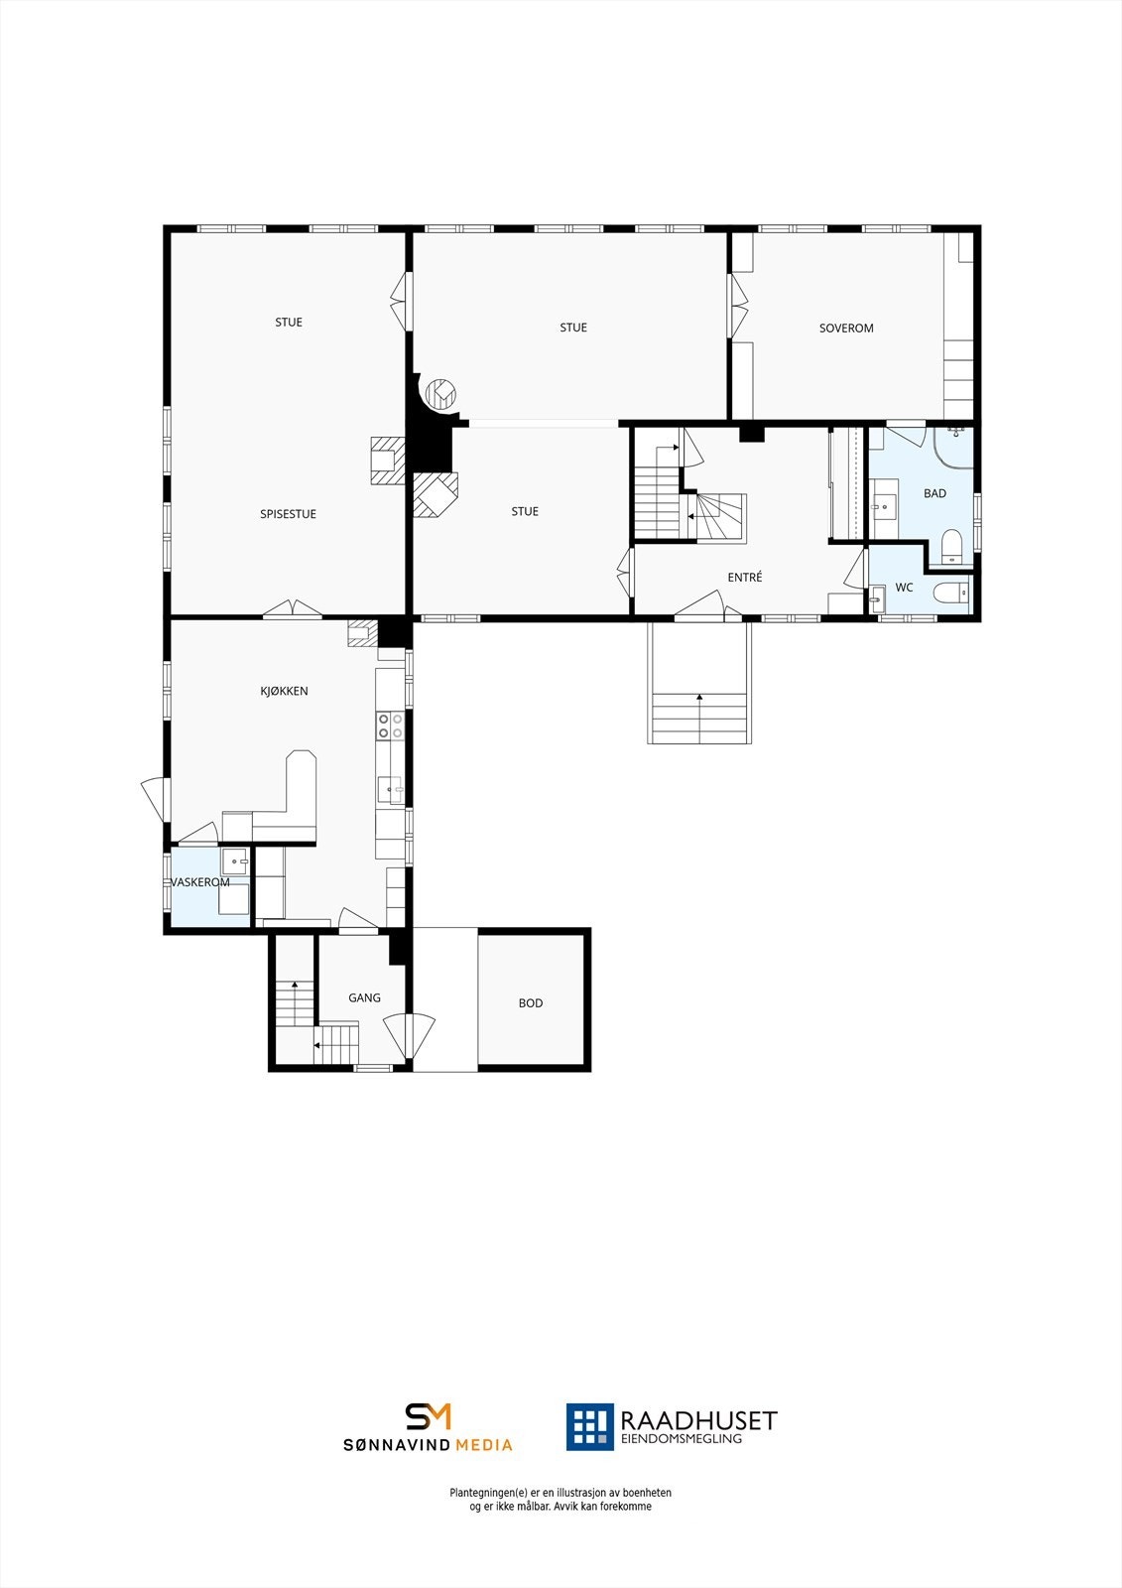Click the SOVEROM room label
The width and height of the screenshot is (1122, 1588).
click(x=846, y=329)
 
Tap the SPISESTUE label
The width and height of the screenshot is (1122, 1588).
click(x=288, y=514)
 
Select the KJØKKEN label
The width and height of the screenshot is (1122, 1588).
click(x=284, y=691)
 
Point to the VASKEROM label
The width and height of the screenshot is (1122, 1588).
click(x=200, y=882)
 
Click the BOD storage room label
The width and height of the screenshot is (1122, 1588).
click(x=531, y=1003)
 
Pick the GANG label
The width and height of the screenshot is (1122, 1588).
click(x=364, y=997)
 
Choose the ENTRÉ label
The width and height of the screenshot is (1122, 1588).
click(x=745, y=578)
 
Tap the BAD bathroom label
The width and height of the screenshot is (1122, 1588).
click(x=935, y=493)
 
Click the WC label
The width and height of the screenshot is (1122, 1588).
click(x=904, y=588)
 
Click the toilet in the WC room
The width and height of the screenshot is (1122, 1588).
click(x=949, y=593)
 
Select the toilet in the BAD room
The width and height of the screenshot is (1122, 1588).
click(x=951, y=546)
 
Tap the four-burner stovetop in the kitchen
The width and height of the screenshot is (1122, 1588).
click(x=390, y=726)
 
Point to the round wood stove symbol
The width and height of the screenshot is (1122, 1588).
click(x=439, y=394)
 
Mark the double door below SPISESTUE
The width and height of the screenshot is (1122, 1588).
click(x=292, y=609)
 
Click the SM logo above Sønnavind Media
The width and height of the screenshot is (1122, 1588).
click(x=428, y=1416)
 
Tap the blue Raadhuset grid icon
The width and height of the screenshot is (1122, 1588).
click(x=589, y=1426)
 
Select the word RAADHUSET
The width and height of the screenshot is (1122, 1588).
click(x=698, y=1421)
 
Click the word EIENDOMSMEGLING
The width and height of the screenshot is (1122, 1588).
click(x=681, y=1439)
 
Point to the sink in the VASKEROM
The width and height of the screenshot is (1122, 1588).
click(x=234, y=860)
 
